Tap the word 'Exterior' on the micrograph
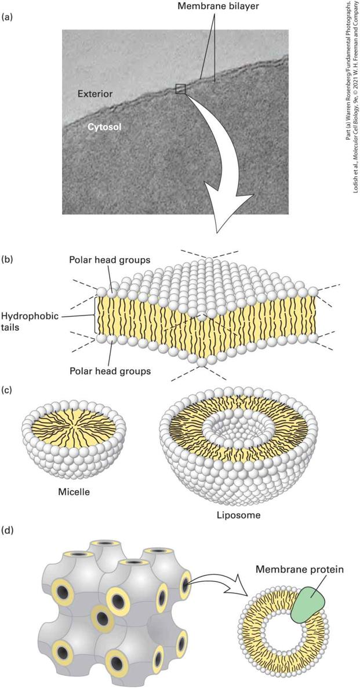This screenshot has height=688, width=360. tap(95, 93)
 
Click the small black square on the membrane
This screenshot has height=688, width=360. tap(181, 89)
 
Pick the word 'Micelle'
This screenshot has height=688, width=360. tap(74, 492)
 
